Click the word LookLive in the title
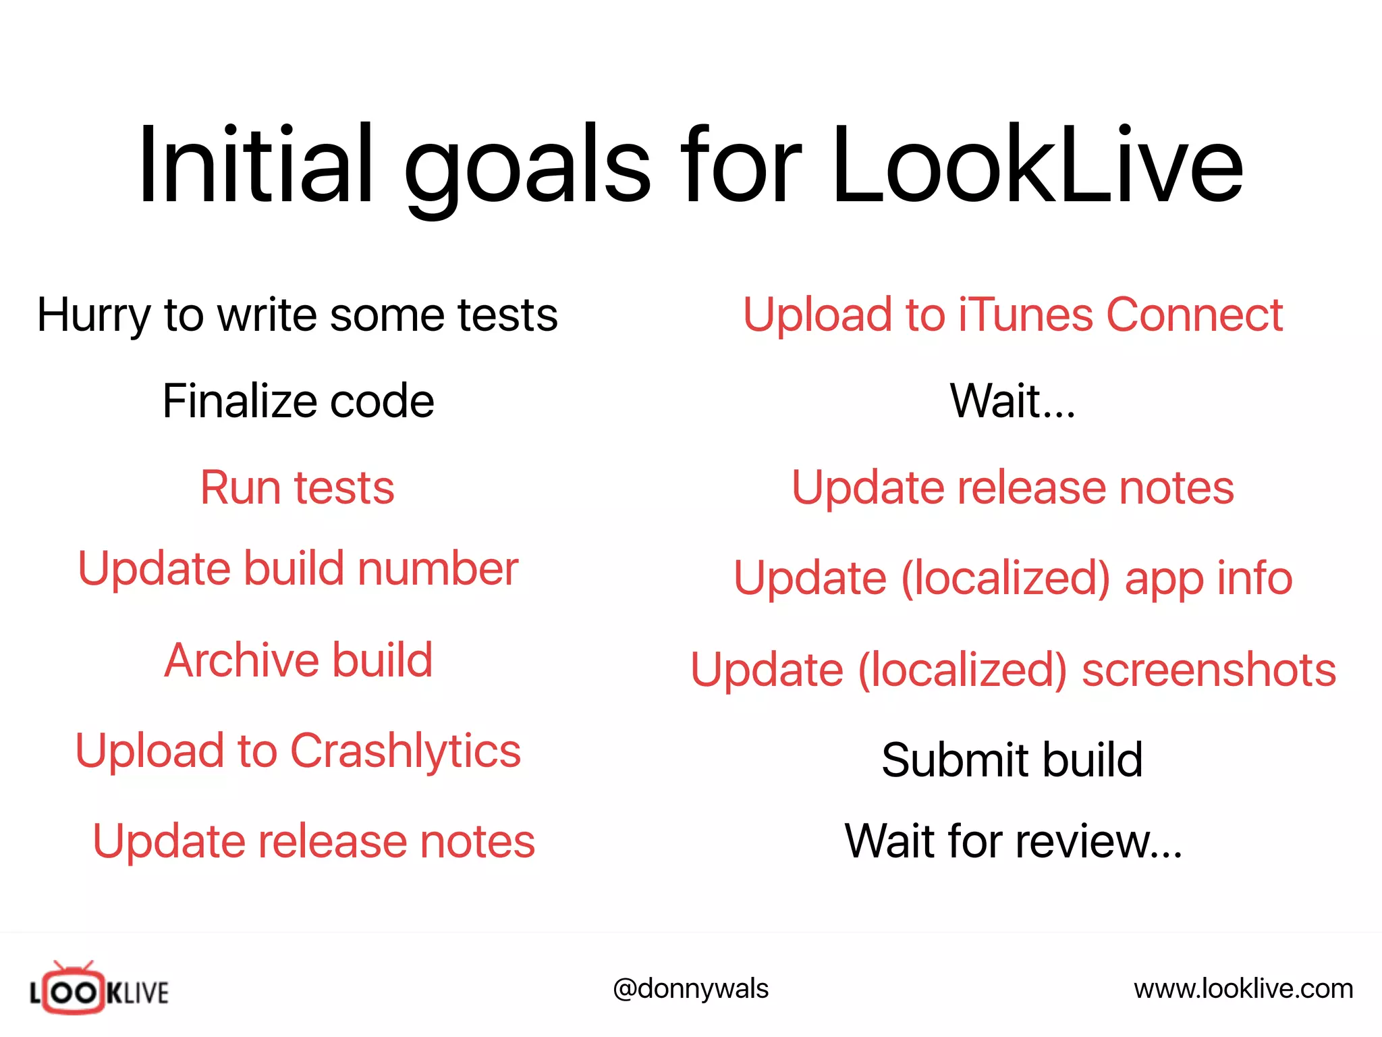tap(1036, 165)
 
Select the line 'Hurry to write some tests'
tap(298, 315)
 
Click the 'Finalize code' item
tap(298, 401)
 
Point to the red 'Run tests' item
tap(298, 487)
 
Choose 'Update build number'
tap(298, 568)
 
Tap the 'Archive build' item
tap(298, 660)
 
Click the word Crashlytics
tap(405, 751)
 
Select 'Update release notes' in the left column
tap(314, 841)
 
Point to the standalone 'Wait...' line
tap(1012, 401)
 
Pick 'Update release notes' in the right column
tap(1012, 487)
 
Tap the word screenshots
tap(1209, 670)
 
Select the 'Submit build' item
tap(1012, 760)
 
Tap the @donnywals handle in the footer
tap(690, 989)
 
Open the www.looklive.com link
tap(1243, 989)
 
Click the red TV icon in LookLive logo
tap(74, 990)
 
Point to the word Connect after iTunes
tap(1194, 315)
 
